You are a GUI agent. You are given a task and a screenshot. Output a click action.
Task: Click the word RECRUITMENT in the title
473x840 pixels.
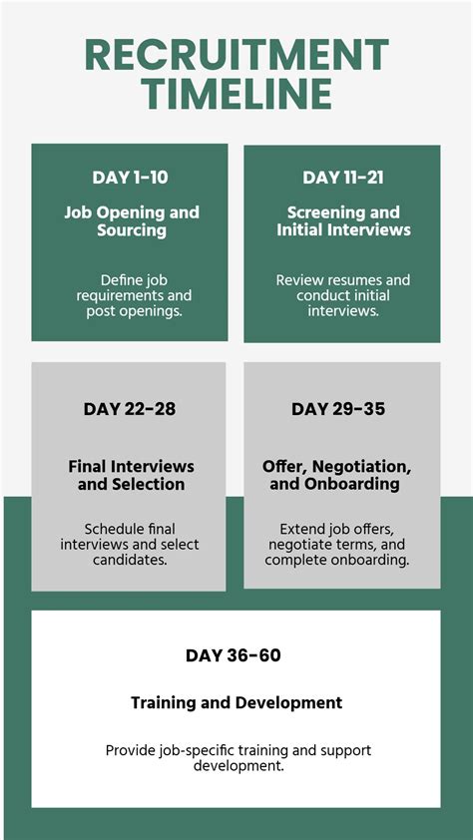tap(236, 55)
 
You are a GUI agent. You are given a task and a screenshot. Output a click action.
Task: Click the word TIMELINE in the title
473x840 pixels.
tap(236, 94)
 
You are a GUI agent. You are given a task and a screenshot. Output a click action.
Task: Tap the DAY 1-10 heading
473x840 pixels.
tap(130, 178)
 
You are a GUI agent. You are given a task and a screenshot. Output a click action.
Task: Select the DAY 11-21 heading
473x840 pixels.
tap(343, 178)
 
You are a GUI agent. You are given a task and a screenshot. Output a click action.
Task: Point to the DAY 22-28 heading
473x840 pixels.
tap(129, 409)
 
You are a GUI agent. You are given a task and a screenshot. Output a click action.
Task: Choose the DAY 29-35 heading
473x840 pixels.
tap(337, 409)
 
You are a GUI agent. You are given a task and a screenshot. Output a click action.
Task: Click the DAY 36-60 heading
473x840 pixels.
tap(234, 655)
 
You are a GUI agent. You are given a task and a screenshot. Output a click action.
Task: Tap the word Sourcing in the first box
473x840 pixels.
tap(131, 230)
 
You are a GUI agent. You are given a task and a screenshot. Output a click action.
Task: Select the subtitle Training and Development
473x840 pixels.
tap(236, 703)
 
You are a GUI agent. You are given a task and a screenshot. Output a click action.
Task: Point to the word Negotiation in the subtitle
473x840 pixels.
tap(360, 467)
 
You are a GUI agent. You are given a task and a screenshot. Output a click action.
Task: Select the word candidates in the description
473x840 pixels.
tap(130, 560)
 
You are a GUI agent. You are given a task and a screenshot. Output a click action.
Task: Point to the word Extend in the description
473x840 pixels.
tap(302, 529)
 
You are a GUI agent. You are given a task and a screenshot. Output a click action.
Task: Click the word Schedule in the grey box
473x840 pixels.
tap(115, 529)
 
